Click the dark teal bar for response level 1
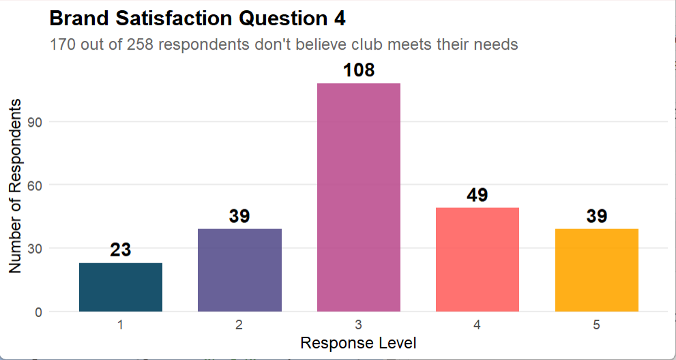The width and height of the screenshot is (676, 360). click(x=121, y=287)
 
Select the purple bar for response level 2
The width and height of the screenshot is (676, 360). click(x=239, y=270)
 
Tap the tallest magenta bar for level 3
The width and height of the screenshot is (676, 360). click(x=359, y=197)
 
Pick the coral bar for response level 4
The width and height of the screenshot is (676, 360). click(x=477, y=259)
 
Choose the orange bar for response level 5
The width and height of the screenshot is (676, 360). click(x=597, y=270)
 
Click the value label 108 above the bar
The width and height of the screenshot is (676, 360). click(x=359, y=70)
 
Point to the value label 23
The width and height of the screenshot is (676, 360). click(x=121, y=250)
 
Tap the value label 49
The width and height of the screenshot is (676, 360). click(x=477, y=195)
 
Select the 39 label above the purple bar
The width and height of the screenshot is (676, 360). click(x=239, y=216)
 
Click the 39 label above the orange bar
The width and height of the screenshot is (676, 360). click(x=597, y=216)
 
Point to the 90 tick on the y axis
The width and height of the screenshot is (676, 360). click(x=36, y=122)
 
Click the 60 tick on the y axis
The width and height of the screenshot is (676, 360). click(x=36, y=185)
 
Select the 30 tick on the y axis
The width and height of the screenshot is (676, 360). click(x=36, y=248)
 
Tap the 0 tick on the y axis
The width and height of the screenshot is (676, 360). click(x=40, y=312)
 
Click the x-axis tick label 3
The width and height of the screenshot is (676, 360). click(x=359, y=325)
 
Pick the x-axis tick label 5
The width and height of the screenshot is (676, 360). click(x=597, y=325)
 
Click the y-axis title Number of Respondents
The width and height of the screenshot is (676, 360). click(x=15, y=185)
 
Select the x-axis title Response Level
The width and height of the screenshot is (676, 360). click(x=359, y=342)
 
